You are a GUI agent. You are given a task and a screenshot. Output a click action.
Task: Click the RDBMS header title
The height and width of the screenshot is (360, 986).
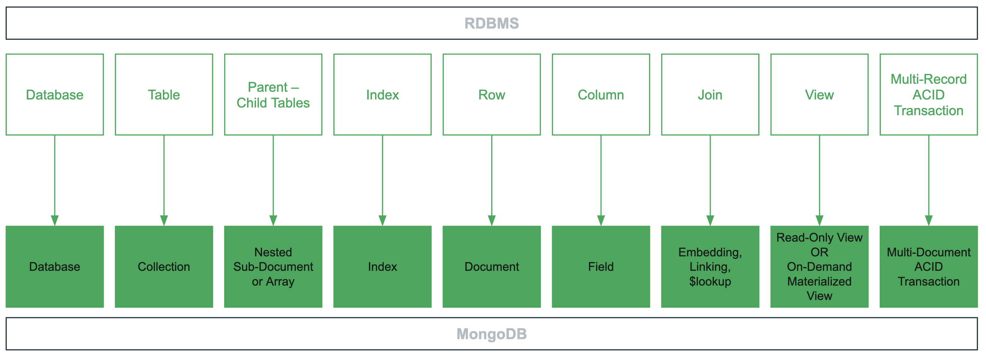coord(491,23)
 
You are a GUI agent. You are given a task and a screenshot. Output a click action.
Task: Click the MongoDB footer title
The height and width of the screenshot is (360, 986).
coord(491,334)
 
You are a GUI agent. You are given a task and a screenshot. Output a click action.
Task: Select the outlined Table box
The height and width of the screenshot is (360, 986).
coord(164,95)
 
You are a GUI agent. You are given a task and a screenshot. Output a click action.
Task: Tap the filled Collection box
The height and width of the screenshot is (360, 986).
coord(164,267)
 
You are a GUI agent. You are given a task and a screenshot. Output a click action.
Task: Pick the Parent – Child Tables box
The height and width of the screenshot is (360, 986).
coord(273,95)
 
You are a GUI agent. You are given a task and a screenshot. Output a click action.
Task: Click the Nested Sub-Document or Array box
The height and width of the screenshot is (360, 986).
coord(273,267)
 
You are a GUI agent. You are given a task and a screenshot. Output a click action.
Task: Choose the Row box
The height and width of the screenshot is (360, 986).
coord(491,95)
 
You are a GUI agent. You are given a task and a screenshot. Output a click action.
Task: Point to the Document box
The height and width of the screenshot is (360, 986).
coord(491,267)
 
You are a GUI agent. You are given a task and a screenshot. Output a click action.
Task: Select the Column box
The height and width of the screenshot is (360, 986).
coord(601,95)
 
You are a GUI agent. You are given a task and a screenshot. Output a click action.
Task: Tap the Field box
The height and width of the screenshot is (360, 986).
coord(601,267)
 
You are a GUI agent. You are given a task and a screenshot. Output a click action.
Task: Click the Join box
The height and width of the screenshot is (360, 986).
coord(710,95)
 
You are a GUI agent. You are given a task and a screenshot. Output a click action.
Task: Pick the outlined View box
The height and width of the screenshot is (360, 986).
coord(819,95)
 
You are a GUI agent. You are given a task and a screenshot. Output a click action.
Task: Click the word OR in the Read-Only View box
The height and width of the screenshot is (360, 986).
coord(819,252)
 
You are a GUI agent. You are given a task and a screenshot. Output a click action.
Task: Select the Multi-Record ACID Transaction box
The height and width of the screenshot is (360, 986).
coord(929,95)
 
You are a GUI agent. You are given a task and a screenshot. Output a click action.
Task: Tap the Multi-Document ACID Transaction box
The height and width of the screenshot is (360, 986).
coord(929,267)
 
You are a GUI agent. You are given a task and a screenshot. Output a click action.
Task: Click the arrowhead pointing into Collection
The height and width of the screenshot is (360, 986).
coord(164,220)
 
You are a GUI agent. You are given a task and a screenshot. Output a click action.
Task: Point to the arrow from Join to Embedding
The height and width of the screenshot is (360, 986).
coord(710,176)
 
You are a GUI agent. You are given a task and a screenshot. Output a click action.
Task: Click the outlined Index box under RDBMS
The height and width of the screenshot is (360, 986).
coord(383,95)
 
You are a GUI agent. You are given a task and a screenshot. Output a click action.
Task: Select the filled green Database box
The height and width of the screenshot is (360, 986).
coord(55,267)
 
